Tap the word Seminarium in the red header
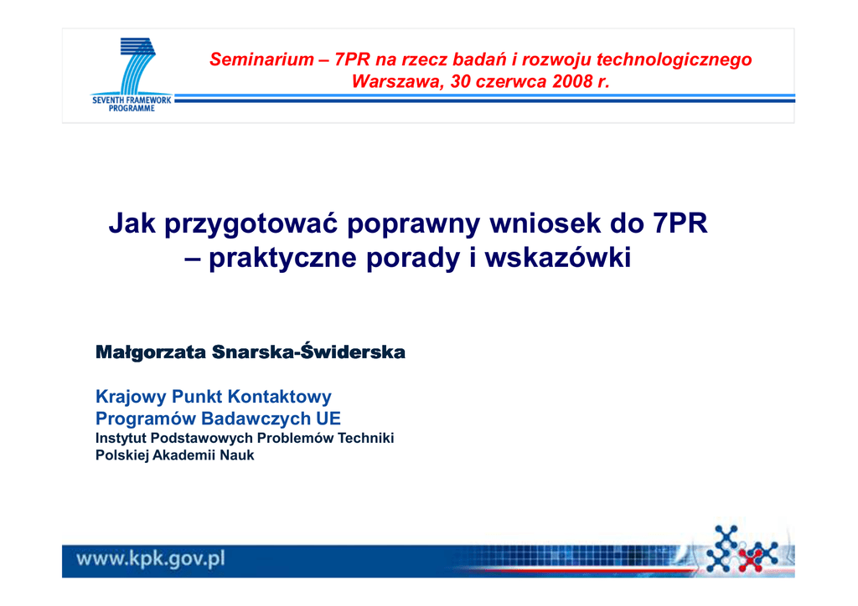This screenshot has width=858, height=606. (x=261, y=59)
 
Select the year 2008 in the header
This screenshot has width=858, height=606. (x=572, y=81)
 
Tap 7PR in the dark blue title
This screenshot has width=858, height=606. (x=680, y=223)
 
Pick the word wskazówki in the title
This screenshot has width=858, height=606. (x=557, y=257)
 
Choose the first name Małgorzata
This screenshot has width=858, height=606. (x=151, y=352)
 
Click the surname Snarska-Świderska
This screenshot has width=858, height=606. (x=308, y=352)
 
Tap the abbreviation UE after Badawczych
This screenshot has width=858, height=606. (x=328, y=419)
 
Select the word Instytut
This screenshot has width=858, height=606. (x=121, y=439)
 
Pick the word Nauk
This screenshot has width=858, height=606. (x=237, y=455)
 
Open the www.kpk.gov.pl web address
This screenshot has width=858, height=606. (x=151, y=559)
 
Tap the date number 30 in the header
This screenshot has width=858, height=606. (x=461, y=81)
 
